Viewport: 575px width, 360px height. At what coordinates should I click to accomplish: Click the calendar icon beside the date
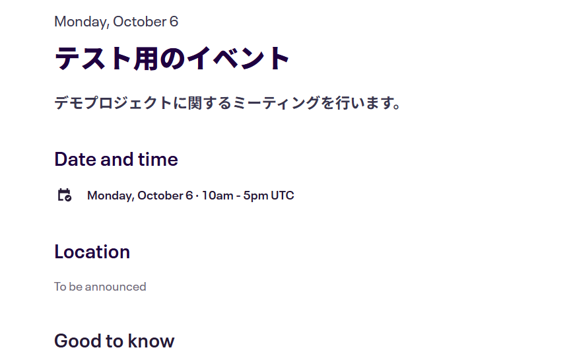click(65, 195)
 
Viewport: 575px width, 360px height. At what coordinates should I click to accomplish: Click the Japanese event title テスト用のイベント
click(172, 58)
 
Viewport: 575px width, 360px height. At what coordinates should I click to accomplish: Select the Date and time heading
click(116, 159)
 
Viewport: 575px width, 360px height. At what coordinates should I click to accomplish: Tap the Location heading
click(92, 252)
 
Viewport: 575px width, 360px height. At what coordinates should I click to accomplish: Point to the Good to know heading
click(114, 341)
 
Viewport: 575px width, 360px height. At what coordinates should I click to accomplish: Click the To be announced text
click(100, 287)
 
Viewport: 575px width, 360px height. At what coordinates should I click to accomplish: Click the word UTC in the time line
click(283, 196)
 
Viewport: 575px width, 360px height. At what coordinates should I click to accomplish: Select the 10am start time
click(217, 196)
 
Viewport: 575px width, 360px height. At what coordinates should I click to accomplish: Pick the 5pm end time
click(255, 196)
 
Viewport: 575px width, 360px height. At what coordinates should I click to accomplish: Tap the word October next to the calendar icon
click(160, 196)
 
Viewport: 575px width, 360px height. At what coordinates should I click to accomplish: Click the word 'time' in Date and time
click(158, 159)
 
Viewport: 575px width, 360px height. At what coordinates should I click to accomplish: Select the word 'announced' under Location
click(116, 287)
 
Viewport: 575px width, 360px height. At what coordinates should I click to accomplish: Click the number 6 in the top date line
click(174, 22)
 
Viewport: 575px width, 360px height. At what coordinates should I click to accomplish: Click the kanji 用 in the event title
click(146, 58)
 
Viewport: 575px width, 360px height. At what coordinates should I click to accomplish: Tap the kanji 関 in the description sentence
click(195, 103)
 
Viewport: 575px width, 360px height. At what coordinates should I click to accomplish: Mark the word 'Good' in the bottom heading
click(78, 341)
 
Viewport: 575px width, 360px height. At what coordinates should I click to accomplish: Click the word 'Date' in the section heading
click(75, 159)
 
